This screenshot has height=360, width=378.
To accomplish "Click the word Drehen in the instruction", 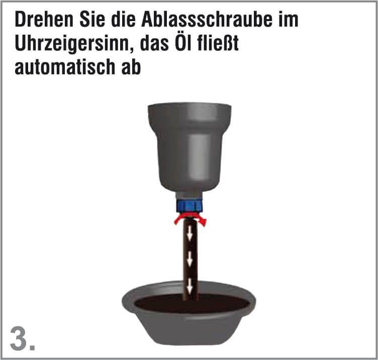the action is click(44, 20).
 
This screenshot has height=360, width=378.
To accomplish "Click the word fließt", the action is click(218, 43).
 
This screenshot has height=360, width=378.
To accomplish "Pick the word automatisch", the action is click(65, 67).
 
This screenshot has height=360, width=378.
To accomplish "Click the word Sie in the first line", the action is click(92, 20).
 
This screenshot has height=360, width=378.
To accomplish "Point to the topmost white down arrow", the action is click(190, 233).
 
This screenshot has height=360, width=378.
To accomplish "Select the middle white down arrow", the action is click(190, 259).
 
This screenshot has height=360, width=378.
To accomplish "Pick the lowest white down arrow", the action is click(190, 286).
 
